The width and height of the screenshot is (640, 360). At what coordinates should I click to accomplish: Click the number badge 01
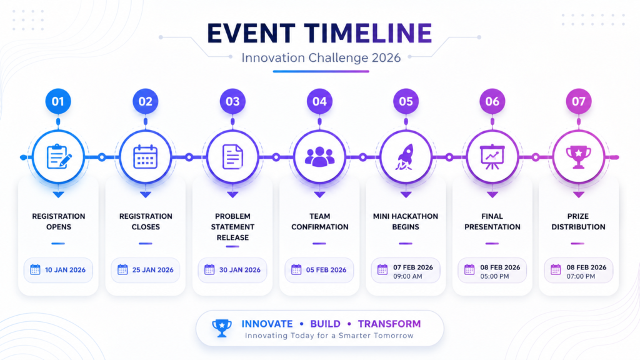(x=58, y=101)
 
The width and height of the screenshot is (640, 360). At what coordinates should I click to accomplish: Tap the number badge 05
(x=406, y=101)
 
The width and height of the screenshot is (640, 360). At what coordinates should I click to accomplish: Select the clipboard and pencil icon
(x=59, y=156)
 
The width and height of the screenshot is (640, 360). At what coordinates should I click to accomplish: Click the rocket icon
(x=405, y=157)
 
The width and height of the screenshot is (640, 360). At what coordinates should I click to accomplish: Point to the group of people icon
(x=319, y=157)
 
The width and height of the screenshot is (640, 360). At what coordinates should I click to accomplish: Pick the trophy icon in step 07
(x=578, y=157)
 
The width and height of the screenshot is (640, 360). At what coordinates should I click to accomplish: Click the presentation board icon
(x=492, y=157)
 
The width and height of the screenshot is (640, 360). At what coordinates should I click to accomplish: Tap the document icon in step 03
(x=232, y=157)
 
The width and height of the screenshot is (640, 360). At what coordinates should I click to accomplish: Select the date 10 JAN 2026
(x=65, y=270)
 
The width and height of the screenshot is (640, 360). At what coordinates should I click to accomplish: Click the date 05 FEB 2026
(x=326, y=270)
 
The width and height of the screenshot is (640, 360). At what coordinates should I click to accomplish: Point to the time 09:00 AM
(x=407, y=276)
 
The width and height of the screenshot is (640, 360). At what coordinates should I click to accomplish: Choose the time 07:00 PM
(x=581, y=276)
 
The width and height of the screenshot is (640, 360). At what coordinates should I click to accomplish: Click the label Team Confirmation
(x=319, y=222)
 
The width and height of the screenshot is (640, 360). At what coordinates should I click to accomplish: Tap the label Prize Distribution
(x=578, y=222)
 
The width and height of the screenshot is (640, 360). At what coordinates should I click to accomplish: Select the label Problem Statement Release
(x=232, y=227)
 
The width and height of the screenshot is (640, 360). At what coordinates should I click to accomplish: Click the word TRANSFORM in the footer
(x=389, y=324)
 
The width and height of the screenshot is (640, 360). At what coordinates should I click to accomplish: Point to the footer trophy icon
(x=222, y=327)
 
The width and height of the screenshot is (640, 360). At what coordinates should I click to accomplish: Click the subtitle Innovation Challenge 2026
(x=321, y=57)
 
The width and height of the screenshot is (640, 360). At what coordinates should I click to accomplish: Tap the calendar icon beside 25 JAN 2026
(x=122, y=269)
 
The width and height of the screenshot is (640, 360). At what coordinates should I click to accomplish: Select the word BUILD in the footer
(x=325, y=324)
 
